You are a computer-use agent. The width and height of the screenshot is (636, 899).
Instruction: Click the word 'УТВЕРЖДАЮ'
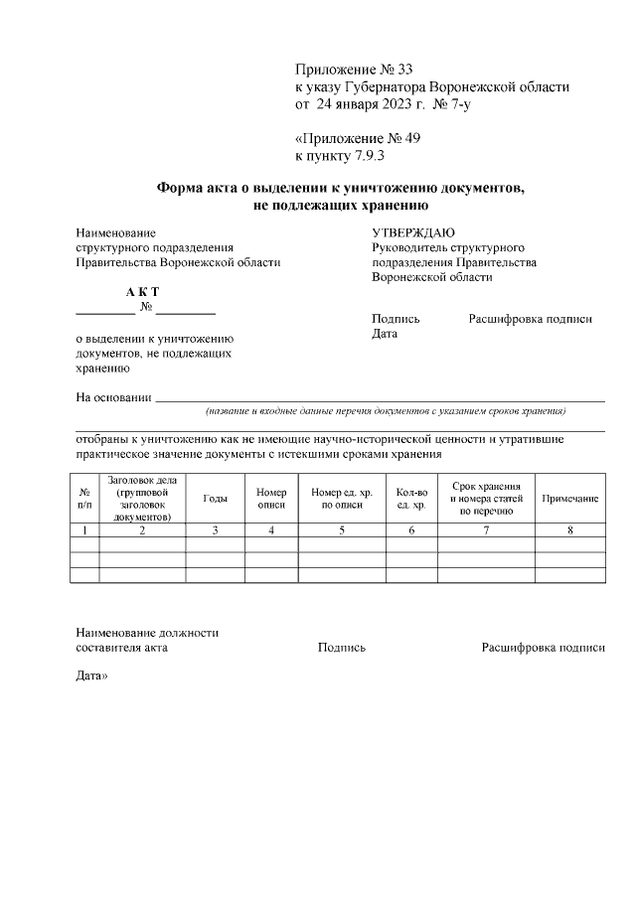pos(412,232)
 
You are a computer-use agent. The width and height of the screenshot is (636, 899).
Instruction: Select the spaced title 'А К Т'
pos(142,292)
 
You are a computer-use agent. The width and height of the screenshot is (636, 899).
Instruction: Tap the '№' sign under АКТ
pos(146,309)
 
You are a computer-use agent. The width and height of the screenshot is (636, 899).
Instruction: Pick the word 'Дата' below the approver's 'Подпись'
pos(385,335)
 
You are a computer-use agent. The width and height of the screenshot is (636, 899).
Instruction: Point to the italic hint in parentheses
pos(386,411)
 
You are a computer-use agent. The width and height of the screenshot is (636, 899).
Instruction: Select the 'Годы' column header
pos(215,499)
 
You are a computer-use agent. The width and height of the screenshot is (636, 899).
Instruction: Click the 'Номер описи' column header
pos(271,499)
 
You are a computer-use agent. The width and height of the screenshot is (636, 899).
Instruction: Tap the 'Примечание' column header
pos(569,499)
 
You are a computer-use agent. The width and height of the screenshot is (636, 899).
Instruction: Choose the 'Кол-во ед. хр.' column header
pos(411,499)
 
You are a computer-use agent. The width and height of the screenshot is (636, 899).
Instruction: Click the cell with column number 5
pos(341,530)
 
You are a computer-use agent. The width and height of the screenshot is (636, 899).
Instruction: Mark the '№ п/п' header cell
pos(84,499)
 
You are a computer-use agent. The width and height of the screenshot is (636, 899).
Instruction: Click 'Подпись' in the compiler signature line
pos(342,648)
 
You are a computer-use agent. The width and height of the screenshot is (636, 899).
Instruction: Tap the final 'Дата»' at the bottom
pos(92,676)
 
